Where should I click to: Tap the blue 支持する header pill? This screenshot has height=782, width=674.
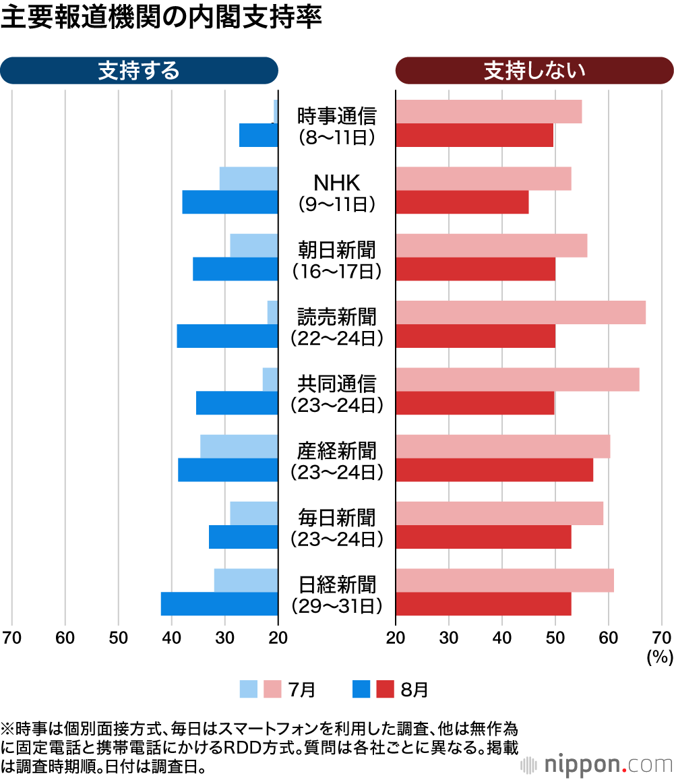[139, 70]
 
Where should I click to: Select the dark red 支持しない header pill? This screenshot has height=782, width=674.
[534, 70]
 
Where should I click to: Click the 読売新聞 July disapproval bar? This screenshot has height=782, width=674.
[520, 312]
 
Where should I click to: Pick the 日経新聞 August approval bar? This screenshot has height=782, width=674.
[219, 603]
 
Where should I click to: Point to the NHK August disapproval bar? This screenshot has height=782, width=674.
[462, 202]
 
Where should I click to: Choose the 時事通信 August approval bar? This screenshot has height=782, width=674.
[258, 136]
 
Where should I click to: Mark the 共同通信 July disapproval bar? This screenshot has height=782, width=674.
[517, 380]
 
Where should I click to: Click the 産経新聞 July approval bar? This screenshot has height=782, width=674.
[239, 446]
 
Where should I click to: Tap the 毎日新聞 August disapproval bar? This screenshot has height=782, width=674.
[483, 537]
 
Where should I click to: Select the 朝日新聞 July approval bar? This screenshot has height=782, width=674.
[253, 245]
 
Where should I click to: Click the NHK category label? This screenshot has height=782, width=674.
[337, 182]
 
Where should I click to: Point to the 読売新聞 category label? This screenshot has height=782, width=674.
[337, 316]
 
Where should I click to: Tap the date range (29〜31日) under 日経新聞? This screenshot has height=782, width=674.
[337, 605]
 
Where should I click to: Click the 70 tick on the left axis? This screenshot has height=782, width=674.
[11, 638]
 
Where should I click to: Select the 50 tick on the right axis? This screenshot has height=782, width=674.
[555, 638]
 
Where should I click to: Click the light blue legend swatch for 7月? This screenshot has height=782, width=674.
[249, 689]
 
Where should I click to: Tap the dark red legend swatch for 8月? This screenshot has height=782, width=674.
[385, 689]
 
